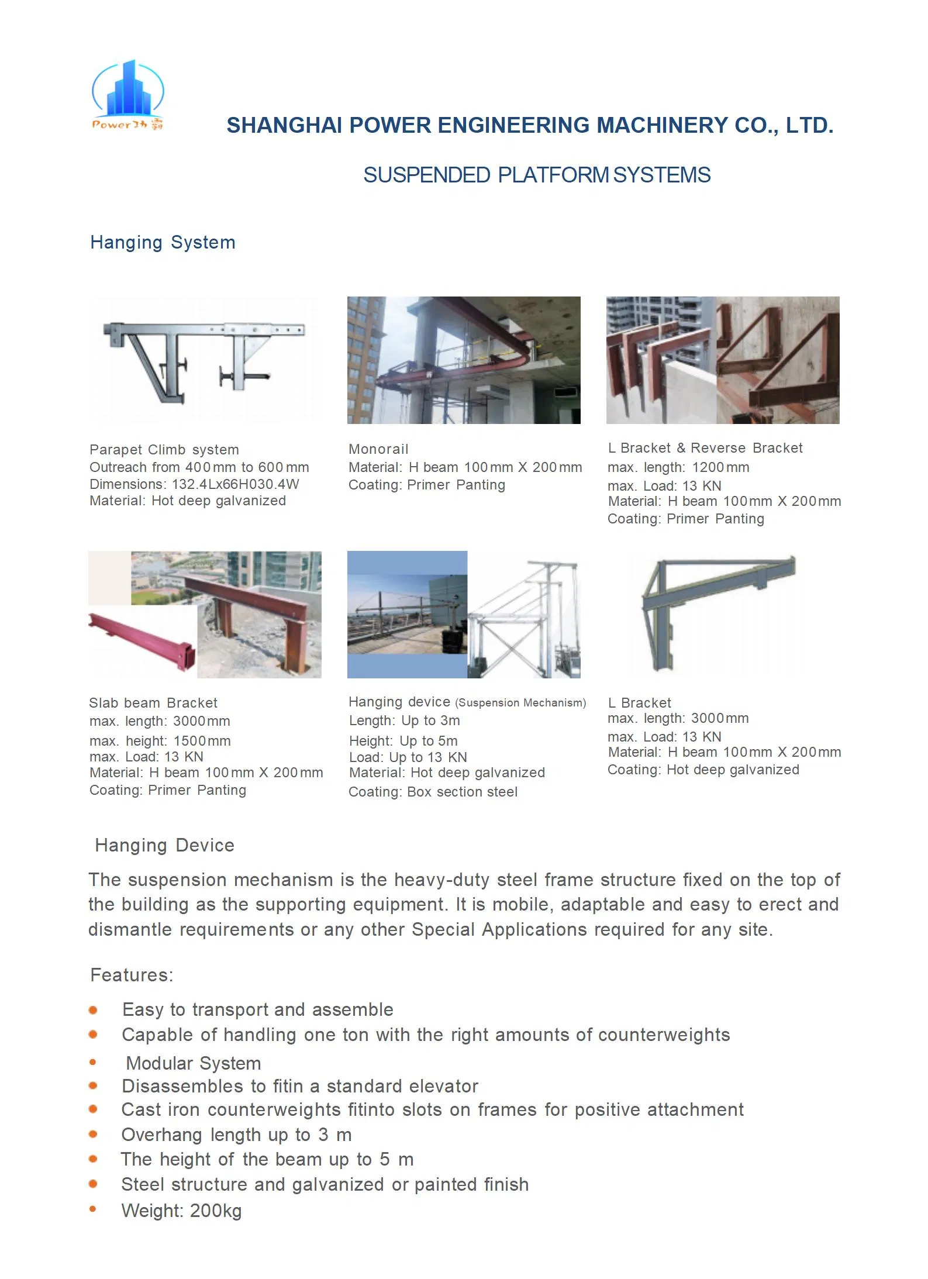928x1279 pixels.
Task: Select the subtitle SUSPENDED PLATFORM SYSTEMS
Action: [537, 175]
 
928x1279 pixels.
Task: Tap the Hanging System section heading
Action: [163, 243]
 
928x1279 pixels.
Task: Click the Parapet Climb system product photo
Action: [205, 360]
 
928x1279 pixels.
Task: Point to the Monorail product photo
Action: [464, 360]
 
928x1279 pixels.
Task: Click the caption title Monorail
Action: [378, 449]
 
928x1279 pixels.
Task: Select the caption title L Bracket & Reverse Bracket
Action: [705, 448]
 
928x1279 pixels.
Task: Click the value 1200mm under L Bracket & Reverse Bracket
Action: [720, 467]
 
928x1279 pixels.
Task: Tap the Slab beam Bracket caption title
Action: [153, 703]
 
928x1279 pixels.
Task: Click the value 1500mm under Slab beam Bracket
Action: [202, 741]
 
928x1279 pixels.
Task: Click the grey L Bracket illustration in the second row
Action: [716, 614]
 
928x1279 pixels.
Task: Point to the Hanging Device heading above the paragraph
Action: [164, 845]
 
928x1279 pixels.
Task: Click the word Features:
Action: [132, 975]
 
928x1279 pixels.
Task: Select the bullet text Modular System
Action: [194, 1063]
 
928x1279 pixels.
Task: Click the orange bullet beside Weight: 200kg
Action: [93, 1209]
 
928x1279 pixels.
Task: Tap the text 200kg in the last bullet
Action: [216, 1211]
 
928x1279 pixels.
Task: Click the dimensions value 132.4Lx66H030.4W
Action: [235, 484]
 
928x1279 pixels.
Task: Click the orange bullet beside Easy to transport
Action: [93, 1010]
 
